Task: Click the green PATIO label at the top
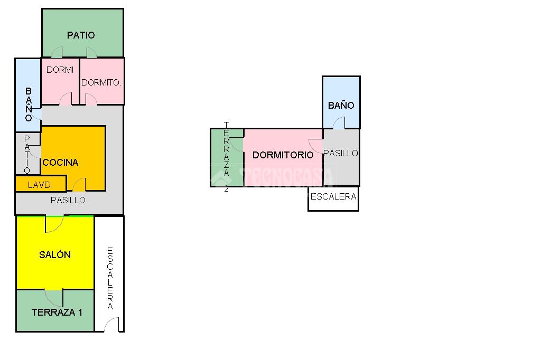click(81, 35)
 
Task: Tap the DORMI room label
click(60, 70)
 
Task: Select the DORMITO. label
click(101, 82)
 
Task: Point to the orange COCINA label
click(60, 162)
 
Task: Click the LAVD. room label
click(40, 185)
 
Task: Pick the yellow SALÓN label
click(55, 254)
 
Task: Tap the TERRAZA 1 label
click(57, 312)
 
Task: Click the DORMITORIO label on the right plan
click(283, 155)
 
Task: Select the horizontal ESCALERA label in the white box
click(333, 196)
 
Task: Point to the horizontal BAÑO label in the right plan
click(341, 105)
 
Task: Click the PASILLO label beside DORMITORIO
click(341, 153)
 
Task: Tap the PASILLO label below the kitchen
click(68, 200)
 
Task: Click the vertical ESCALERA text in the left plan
click(110, 278)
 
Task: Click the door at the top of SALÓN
click(54, 223)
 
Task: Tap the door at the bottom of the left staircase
click(111, 325)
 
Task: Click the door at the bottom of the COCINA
click(79, 184)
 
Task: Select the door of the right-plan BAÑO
click(339, 123)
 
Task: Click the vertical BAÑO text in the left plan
click(29, 105)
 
